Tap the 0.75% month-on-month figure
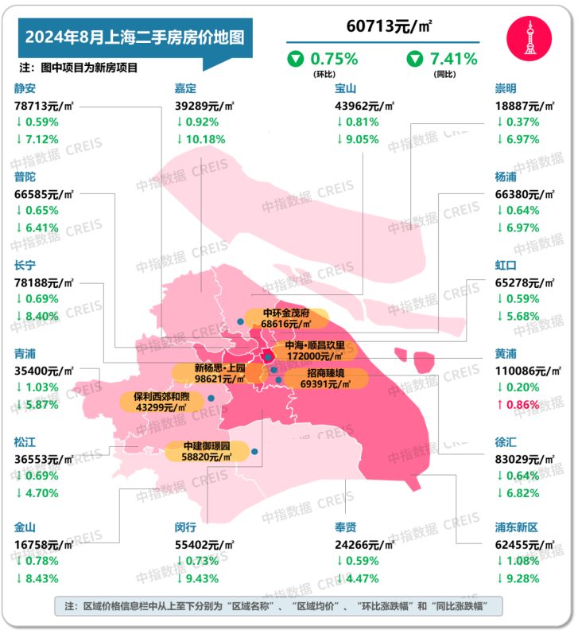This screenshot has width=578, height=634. click(333, 58)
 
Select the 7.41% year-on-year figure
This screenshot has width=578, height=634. click(452, 58)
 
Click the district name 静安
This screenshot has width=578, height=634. click(25, 88)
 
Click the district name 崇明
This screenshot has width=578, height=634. click(506, 88)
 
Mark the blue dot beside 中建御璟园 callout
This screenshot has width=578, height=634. click(254, 452)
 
